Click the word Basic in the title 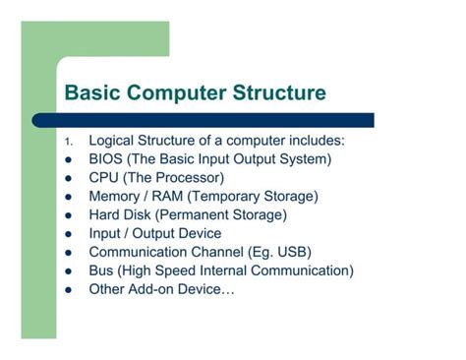coord(89,94)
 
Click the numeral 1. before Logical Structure coord(69,142)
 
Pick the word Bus coord(102,270)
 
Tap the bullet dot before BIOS coord(68,159)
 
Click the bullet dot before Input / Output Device coord(68,234)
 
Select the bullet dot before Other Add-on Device coord(68,290)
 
